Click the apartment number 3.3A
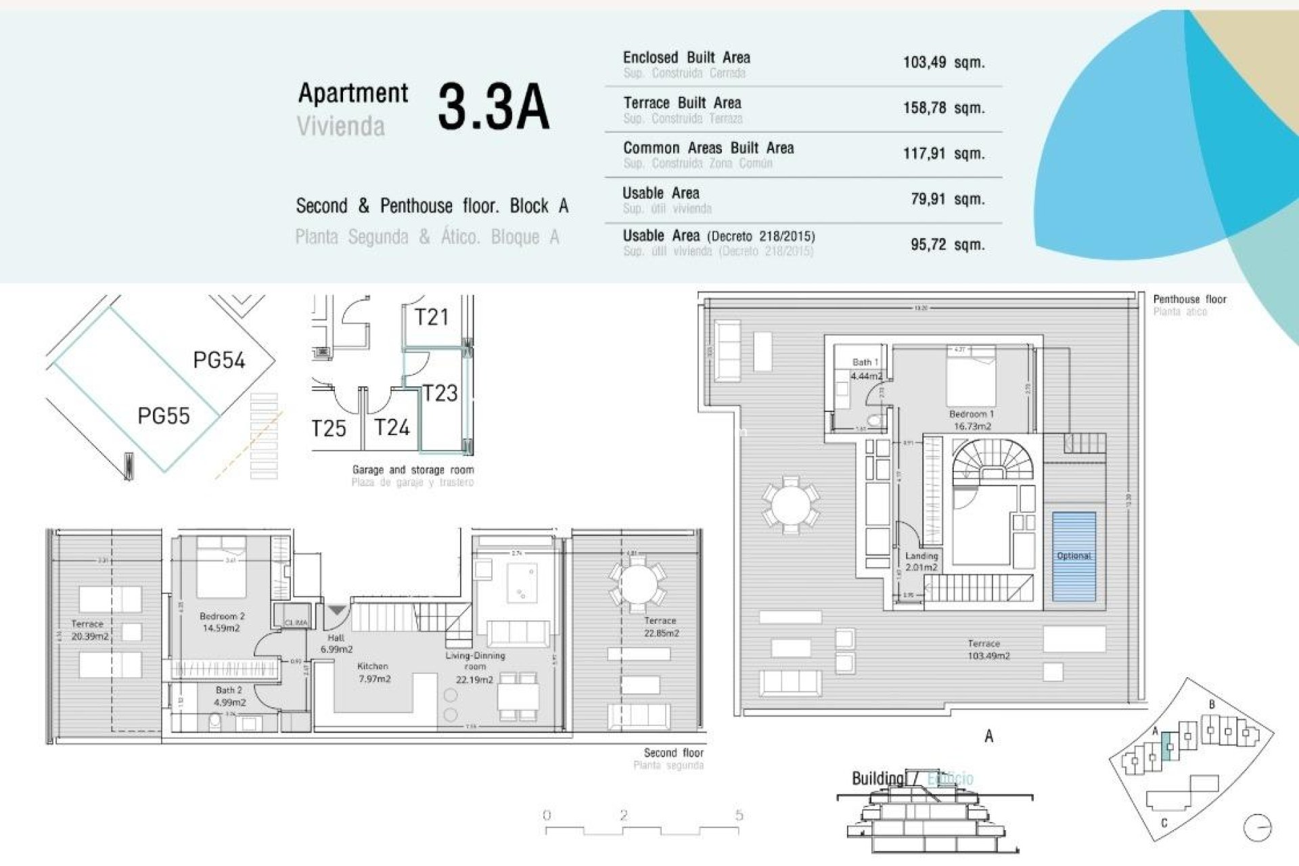(493, 107)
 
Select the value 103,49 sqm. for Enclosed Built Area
(943, 62)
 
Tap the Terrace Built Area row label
(682, 103)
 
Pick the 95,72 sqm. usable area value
(947, 244)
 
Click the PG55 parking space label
(163, 415)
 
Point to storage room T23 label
(440, 393)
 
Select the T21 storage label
(431, 317)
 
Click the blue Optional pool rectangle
(1074, 556)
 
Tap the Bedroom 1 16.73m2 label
(972, 419)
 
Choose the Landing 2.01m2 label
(921, 561)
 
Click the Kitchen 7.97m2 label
(373, 672)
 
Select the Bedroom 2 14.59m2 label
(222, 622)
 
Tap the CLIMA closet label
(296, 622)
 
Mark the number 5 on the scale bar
(739, 815)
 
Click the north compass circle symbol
(1257, 827)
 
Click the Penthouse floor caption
(1189, 299)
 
